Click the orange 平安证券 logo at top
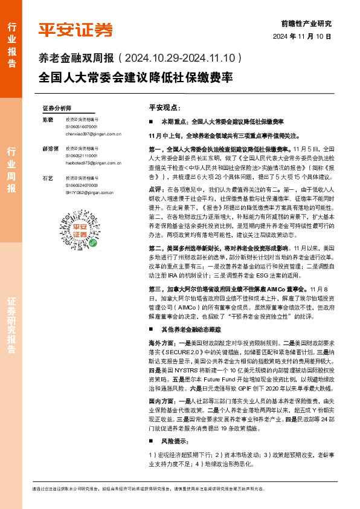pyautogui.click(x=75, y=29)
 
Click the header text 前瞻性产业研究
pyautogui.click(x=306, y=24)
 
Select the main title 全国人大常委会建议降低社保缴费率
pyautogui.click(x=135, y=79)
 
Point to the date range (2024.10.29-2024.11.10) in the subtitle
pyautogui.click(x=181, y=59)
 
